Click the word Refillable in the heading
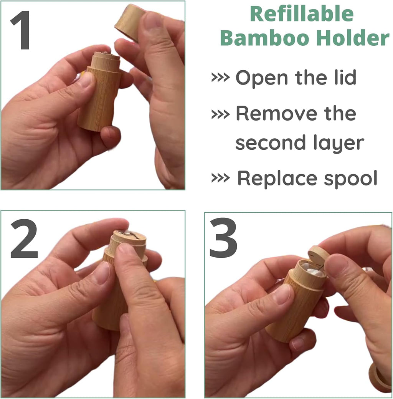[x=301, y=14]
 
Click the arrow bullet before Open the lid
[x=220, y=78]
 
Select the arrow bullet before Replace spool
[x=220, y=179]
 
